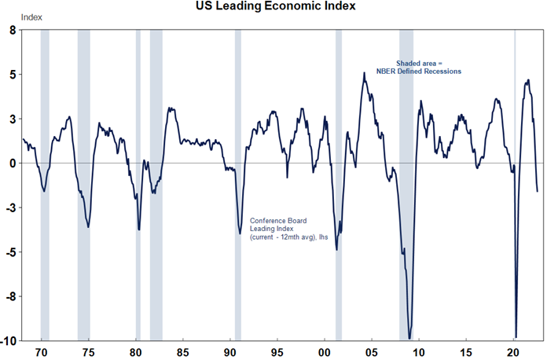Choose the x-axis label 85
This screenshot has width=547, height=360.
(x=182, y=351)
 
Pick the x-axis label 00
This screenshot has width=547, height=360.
(x=325, y=351)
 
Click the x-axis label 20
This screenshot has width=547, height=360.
(x=513, y=351)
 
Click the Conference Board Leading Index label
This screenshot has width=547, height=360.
(x=284, y=228)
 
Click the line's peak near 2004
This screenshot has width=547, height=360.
(x=364, y=73)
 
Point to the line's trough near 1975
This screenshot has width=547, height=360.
(x=88, y=227)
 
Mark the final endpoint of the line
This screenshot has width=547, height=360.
(x=538, y=191)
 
